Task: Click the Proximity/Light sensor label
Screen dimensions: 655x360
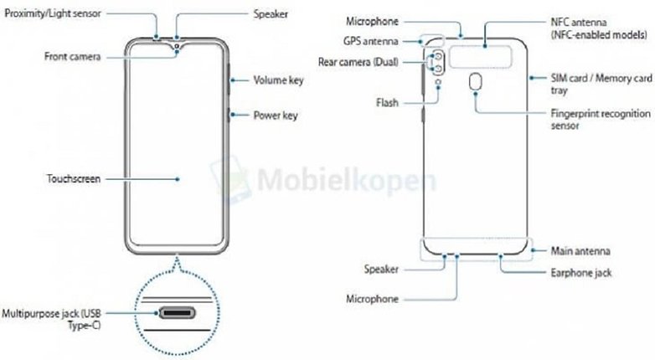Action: (53, 13)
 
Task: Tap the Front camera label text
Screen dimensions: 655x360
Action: (73, 56)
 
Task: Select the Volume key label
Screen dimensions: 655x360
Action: (278, 80)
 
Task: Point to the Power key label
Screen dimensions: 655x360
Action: (276, 116)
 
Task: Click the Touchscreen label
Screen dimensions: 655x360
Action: (74, 179)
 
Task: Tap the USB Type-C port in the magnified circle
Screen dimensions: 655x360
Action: (177, 312)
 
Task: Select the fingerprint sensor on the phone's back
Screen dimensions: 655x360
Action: (475, 82)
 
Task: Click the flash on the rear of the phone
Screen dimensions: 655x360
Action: (438, 82)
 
